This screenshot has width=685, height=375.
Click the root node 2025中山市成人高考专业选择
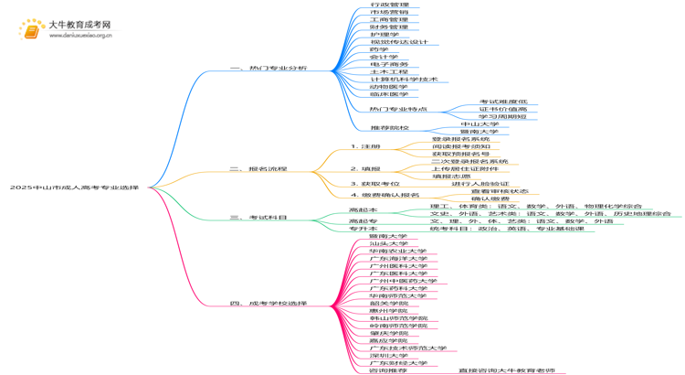pos(74,187)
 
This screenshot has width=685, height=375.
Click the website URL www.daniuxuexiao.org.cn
pos(80,36)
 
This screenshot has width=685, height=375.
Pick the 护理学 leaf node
pos(385,35)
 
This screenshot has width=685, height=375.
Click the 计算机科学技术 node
pos(404,79)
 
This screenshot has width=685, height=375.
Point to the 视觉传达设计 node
pos(398,42)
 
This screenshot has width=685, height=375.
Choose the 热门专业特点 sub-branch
pos(398,109)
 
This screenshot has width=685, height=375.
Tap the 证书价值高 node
pos(502,109)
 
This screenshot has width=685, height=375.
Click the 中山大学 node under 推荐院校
pos(479,123)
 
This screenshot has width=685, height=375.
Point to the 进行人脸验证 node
pos(479,184)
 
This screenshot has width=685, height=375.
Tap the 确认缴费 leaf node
pos(490,198)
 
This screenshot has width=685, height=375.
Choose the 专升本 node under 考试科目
pos(363,229)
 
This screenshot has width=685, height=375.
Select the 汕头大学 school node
pos(388,243)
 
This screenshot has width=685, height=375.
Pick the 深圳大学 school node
pos(388,355)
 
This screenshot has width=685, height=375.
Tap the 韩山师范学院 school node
pos(398,318)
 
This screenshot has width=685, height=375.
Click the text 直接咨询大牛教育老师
pos(506,370)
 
